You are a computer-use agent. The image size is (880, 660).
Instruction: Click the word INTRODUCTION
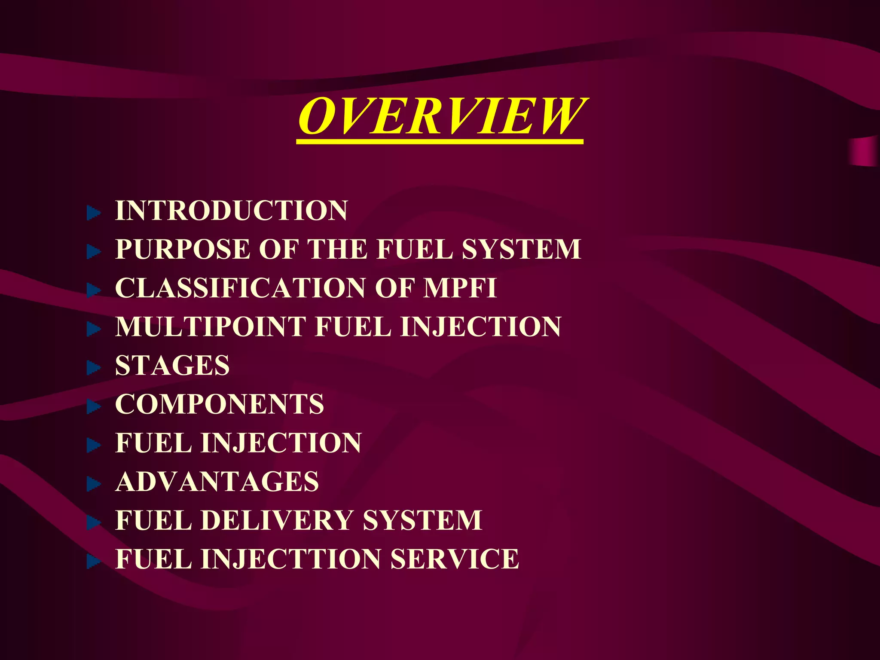[231, 211]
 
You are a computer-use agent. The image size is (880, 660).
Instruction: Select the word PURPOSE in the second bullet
[183, 249]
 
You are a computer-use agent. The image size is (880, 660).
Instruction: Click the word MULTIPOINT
[211, 327]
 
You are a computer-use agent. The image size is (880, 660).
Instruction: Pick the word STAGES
[172, 366]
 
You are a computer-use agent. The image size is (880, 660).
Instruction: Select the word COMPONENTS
[220, 404]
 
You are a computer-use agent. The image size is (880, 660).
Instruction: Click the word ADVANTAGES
[217, 482]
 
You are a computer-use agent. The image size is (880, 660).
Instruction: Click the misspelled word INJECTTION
[291, 559]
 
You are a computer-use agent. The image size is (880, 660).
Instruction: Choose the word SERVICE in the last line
[455, 559]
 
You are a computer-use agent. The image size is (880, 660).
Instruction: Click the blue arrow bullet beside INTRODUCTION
[93, 213]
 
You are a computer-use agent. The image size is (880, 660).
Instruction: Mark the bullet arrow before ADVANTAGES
[93, 484]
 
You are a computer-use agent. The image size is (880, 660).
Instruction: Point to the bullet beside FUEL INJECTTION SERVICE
[93, 561]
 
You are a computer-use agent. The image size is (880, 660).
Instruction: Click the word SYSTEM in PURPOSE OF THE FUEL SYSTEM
[522, 249]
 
